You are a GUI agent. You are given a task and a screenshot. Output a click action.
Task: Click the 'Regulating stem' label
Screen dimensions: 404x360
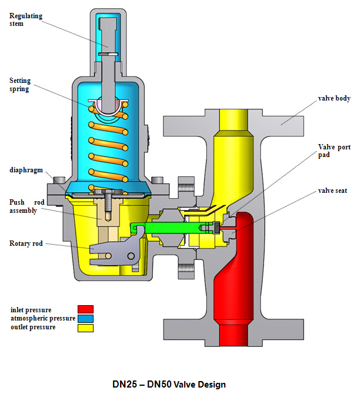click(x=26, y=20)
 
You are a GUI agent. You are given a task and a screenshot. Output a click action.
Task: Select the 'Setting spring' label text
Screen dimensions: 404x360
click(x=20, y=84)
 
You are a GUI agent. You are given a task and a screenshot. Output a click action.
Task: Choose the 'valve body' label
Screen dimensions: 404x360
click(x=334, y=98)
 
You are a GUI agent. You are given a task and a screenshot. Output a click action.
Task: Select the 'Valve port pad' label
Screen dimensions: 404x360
click(x=334, y=151)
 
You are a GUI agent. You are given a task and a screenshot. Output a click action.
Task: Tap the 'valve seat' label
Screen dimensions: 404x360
click(x=334, y=191)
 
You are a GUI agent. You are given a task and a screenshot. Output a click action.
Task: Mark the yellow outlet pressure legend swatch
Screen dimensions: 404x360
click(x=85, y=328)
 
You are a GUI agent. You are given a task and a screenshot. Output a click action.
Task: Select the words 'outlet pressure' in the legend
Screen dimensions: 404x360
click(x=33, y=328)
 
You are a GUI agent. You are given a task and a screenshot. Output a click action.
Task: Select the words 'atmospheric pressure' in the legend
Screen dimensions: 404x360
click(x=42, y=318)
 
